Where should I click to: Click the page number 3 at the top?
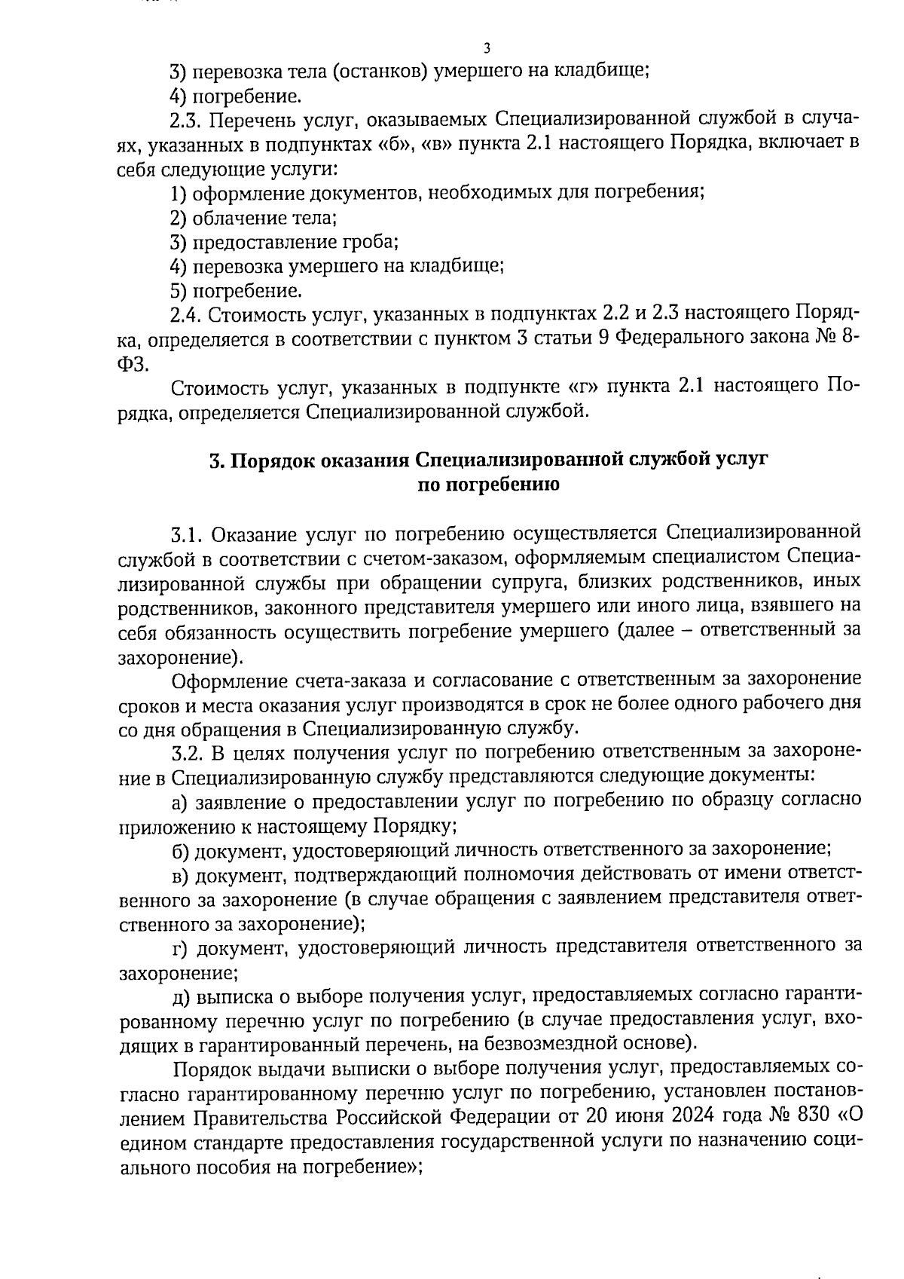coord(487,49)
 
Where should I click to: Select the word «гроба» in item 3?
coord(369,243)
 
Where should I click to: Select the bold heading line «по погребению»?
coord(488,485)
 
